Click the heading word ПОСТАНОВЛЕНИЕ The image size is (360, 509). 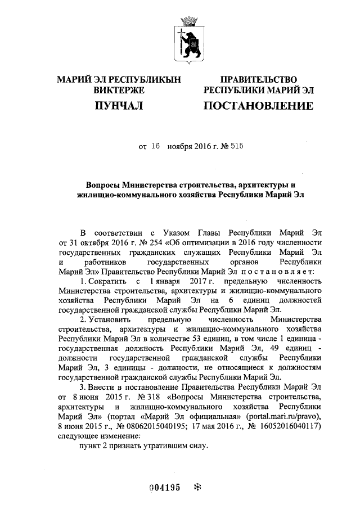(258, 106)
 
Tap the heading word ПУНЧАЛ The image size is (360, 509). (119, 106)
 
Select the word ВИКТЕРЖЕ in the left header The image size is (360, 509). (120, 90)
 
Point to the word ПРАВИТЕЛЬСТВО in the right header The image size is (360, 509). (259, 80)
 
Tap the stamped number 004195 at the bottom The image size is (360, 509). (164, 488)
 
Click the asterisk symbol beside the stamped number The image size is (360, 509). (197, 487)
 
